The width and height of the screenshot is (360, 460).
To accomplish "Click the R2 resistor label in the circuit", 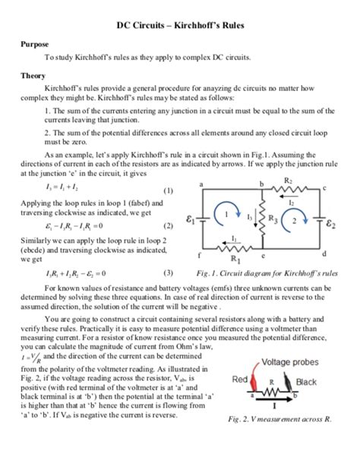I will click(288, 181).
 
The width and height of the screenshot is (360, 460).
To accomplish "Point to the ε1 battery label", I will click(191, 222).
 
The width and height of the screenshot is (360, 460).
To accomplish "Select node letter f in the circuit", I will click(199, 253).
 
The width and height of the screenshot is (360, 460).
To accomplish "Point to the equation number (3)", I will click(168, 273).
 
